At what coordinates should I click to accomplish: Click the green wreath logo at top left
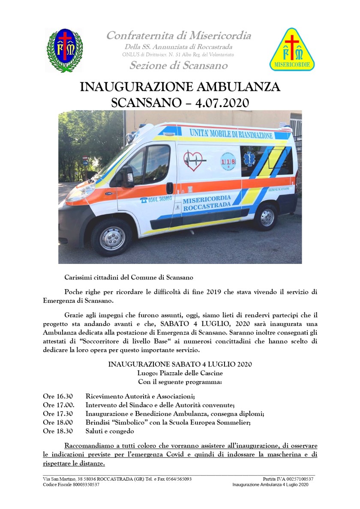[65, 50]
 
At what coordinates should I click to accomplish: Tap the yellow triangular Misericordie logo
[292, 51]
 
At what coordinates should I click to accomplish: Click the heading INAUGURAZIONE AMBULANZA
[180, 87]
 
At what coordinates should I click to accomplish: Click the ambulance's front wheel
[112, 237]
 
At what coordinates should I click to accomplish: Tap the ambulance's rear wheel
[267, 217]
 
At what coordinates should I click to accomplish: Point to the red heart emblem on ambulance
[192, 161]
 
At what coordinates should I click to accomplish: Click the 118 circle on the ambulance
[228, 161]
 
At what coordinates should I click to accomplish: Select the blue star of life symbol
[249, 159]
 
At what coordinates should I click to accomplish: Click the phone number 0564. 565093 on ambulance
[156, 199]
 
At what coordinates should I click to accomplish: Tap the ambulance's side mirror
[127, 176]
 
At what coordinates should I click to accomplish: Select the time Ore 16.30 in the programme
[58, 396]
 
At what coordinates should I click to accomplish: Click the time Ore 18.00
[58, 422]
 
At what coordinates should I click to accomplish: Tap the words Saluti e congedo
[110, 431]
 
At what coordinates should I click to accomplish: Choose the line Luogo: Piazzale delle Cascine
[180, 373]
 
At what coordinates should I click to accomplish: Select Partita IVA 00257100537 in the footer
[288, 479]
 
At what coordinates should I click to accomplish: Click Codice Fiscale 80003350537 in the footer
[71, 485]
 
